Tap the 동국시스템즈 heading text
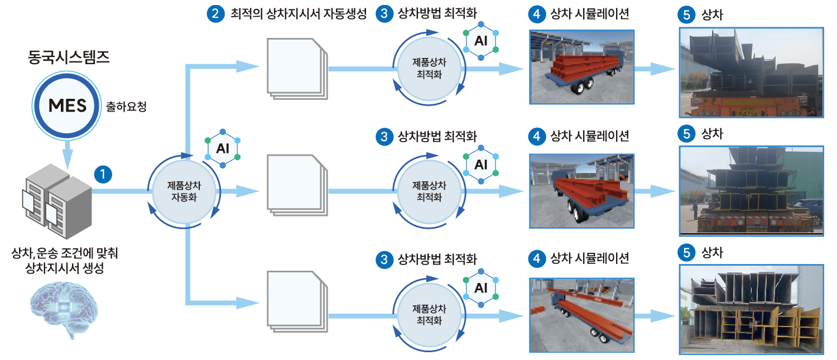69,57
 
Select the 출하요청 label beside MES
126,106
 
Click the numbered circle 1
103,175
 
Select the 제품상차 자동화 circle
184,191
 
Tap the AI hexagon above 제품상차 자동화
223,149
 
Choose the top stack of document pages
296,68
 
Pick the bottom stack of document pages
296,301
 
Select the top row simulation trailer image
581,66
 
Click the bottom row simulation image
581,315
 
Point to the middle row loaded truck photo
751,191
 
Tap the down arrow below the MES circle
67,153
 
